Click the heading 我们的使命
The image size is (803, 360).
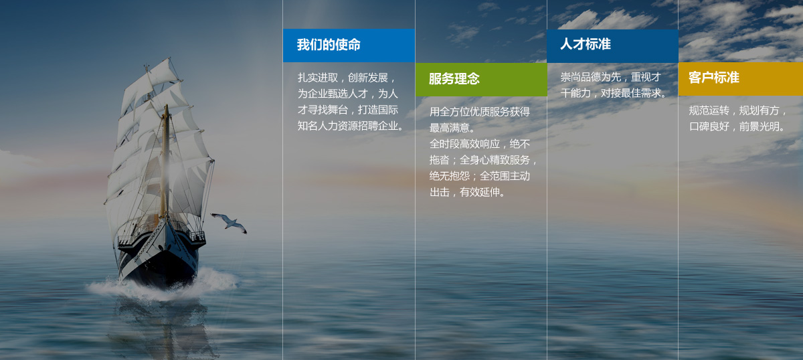tap(329, 45)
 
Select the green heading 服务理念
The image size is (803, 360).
tap(454, 79)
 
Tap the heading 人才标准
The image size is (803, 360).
tap(586, 44)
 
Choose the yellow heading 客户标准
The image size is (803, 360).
tap(714, 78)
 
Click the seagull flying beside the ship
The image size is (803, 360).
tap(230, 223)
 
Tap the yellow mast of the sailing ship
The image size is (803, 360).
tap(165, 161)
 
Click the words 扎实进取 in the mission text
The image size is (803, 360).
tap(318, 78)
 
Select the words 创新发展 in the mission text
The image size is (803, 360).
tap(368, 78)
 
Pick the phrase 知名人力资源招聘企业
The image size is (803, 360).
tap(348, 126)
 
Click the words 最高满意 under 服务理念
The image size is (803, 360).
tap(450, 128)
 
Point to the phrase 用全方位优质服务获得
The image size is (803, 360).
tap(480, 112)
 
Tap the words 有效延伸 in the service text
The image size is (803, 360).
tap(480, 192)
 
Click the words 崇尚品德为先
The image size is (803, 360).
tap(591, 77)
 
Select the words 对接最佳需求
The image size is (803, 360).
tap(631, 93)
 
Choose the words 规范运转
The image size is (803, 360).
tap(709, 110)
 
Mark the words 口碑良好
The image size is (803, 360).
tap(709, 126)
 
